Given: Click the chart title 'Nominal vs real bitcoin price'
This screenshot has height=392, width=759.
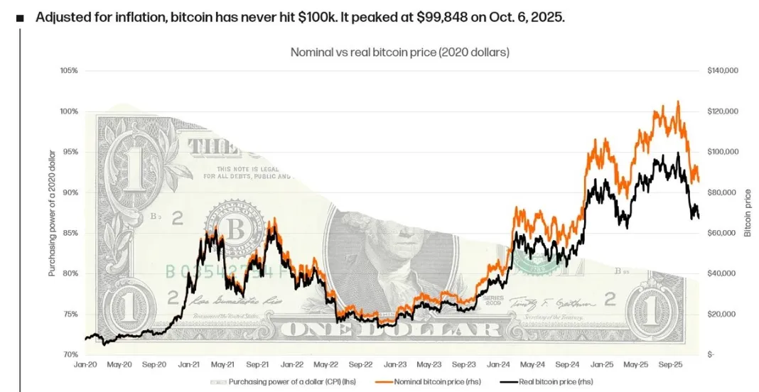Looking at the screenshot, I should (x=399, y=52).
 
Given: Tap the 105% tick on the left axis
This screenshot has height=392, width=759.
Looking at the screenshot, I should (x=69, y=71).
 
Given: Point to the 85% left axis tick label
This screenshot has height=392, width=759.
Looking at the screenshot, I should (x=70, y=233).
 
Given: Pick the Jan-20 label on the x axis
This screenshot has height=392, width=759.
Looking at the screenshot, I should (x=85, y=364).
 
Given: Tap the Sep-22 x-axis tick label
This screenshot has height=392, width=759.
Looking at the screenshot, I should (x=360, y=364).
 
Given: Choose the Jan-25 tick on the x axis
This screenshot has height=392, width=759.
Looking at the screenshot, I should (x=601, y=364).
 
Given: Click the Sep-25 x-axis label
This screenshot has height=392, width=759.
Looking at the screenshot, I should (x=670, y=364).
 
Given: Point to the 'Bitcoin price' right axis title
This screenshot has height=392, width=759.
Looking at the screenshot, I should (x=748, y=213).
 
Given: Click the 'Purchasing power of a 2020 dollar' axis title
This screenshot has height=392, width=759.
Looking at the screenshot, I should (x=52, y=213).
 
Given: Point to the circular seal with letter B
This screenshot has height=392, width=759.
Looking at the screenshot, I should (x=234, y=227).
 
